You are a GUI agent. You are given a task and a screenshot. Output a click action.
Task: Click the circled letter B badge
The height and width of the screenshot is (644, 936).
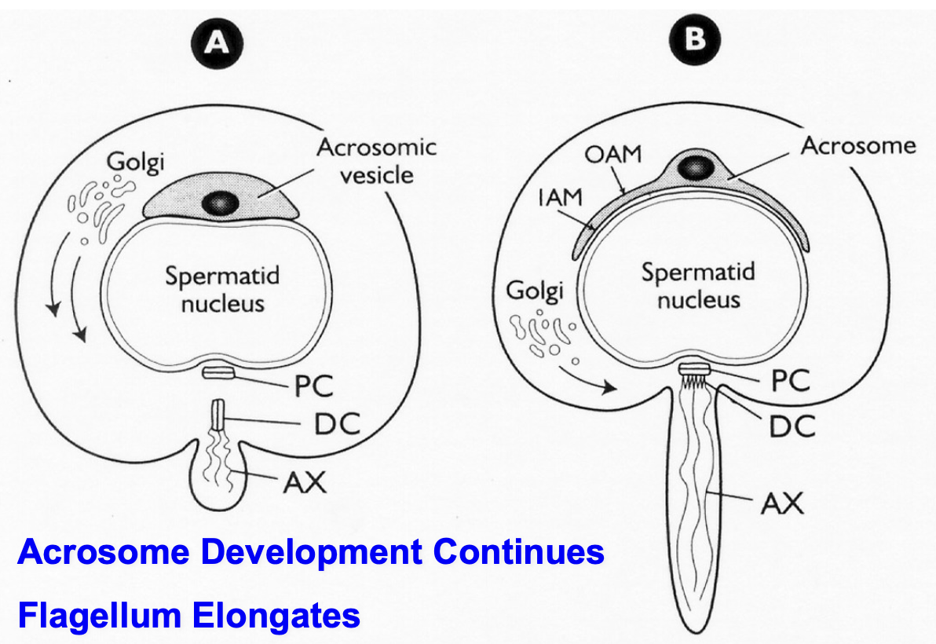coord(693,38)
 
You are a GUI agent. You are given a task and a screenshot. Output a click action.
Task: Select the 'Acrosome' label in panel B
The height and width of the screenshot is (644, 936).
coord(857,145)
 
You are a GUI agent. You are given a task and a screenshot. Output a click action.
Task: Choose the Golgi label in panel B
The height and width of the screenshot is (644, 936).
coord(535,291)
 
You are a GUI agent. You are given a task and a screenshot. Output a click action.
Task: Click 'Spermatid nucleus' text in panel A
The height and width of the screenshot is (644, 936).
coord(222,289)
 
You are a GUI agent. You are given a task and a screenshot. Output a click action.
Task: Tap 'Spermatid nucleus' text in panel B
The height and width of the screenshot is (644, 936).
coord(697,285)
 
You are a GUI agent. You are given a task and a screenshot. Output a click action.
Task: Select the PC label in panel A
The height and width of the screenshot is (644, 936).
coord(313,386)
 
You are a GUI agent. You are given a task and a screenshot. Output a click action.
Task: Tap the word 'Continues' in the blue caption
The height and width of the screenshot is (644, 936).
coord(518,552)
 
